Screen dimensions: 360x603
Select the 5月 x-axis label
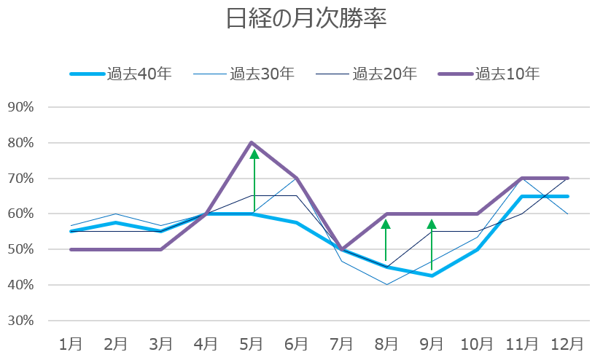[x=252, y=343]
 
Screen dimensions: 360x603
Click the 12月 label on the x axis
[x=567, y=343]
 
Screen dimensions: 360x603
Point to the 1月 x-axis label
[x=71, y=343]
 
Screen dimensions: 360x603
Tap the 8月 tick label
[x=386, y=343]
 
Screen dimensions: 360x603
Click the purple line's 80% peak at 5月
[x=252, y=143]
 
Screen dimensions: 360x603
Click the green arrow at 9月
[x=432, y=244]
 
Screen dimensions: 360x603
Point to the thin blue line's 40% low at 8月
[x=386, y=284]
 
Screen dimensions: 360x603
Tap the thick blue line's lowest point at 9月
[x=432, y=275]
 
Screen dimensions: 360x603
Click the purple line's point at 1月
[x=71, y=249]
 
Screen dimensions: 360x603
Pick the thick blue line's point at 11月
[x=522, y=196]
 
